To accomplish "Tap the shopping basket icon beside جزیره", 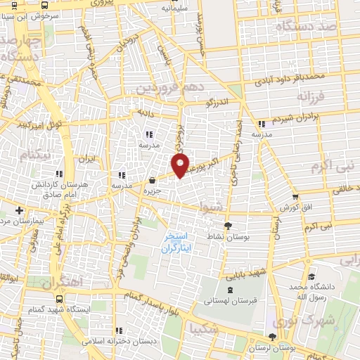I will click(153, 179).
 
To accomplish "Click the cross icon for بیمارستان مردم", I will click(19, 210).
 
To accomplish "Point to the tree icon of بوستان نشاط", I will click(227, 226).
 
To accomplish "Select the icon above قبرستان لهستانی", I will click(229, 290).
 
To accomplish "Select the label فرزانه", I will click(314, 95).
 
